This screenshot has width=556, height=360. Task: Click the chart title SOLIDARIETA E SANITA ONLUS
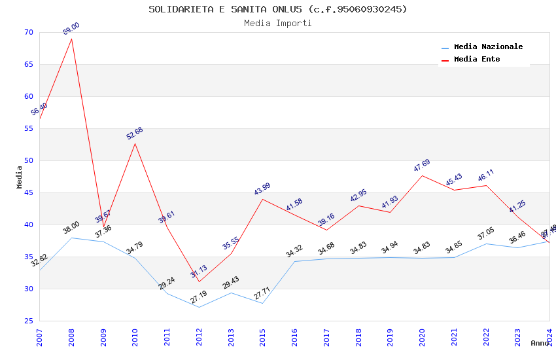pyautogui.click(x=277, y=9)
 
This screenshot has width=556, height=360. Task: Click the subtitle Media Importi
pyautogui.click(x=277, y=24)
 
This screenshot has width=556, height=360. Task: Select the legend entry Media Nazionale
pyautogui.click(x=488, y=47)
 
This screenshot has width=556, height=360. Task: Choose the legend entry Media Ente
pyautogui.click(x=477, y=60)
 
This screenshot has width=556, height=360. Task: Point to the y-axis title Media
pyautogui.click(x=20, y=177)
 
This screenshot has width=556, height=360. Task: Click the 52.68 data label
pyautogui.click(x=135, y=134)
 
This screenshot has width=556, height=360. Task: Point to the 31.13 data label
pyautogui.click(x=199, y=272)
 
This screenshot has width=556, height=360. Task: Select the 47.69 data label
pyautogui.click(x=422, y=166)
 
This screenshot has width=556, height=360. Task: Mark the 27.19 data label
pyautogui.click(x=199, y=298)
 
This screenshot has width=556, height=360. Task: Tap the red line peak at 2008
pyautogui.click(x=71, y=39)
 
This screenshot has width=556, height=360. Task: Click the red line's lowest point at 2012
pyautogui.click(x=199, y=282)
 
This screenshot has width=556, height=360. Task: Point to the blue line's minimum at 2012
pyautogui.click(x=199, y=307)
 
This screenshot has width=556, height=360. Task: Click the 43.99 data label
pyautogui.click(x=262, y=189)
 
